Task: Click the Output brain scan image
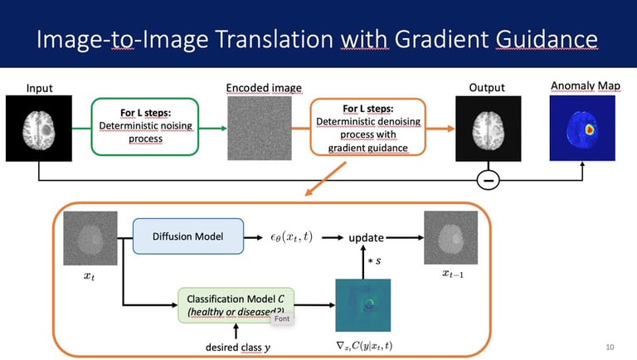pyautogui.click(x=488, y=129)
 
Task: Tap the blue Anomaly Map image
pyautogui.click(x=582, y=127)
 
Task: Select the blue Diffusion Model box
pyautogui.click(x=189, y=236)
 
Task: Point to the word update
pyautogui.click(x=366, y=237)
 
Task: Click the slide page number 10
pyautogui.click(x=610, y=346)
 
